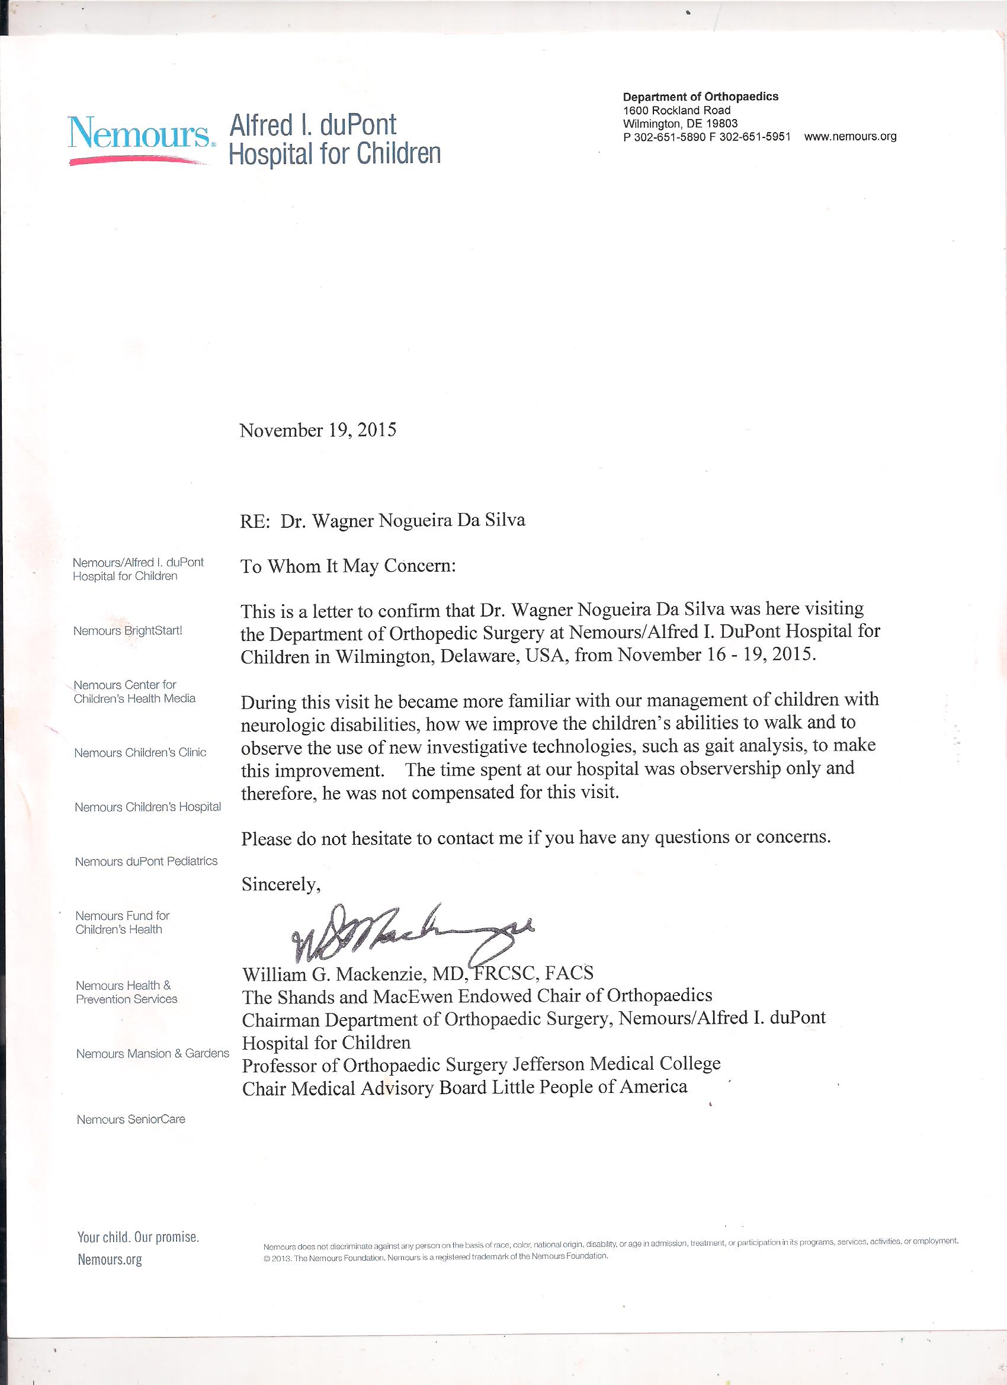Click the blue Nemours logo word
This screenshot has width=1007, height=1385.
click(139, 132)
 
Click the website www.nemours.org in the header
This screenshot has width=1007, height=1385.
click(850, 137)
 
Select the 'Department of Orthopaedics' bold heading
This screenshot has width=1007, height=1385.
click(700, 97)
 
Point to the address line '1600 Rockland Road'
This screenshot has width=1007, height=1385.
click(676, 111)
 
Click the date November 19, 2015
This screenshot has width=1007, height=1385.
click(318, 431)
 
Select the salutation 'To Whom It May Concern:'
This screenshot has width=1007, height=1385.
click(348, 566)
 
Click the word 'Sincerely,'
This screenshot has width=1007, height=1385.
click(281, 884)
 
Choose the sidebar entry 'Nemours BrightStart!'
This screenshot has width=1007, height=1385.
click(127, 631)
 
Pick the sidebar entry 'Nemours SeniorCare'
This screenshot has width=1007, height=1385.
click(131, 1120)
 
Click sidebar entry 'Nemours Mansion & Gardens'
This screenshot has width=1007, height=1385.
click(153, 1053)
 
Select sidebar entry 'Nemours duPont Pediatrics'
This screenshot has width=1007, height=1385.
click(146, 862)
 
